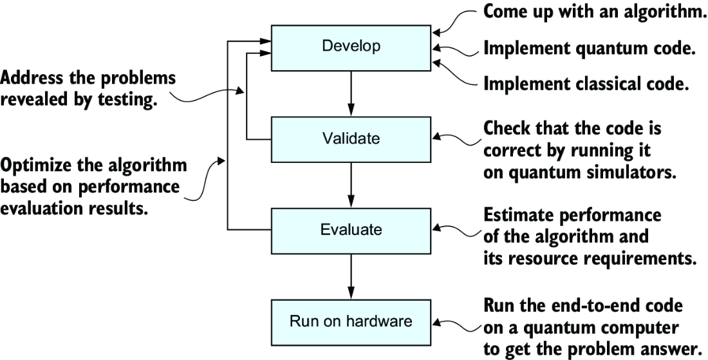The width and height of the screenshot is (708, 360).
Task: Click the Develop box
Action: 351,48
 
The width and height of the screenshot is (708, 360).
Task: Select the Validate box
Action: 351,139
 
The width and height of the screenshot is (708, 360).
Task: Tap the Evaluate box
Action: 351,231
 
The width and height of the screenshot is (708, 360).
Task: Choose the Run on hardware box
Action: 351,323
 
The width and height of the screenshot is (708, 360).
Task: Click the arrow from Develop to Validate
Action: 351,93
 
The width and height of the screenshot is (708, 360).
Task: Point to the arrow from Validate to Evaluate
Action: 351,185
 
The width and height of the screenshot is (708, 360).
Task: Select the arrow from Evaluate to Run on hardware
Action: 351,276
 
